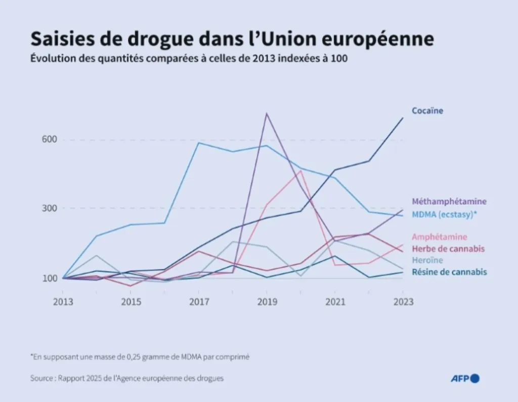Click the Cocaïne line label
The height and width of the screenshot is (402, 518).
point(427,111)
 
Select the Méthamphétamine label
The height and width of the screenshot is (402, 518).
point(449,201)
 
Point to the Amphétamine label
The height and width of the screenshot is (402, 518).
point(440,237)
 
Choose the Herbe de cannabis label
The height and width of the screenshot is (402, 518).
point(448,248)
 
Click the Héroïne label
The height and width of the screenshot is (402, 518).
point(427,260)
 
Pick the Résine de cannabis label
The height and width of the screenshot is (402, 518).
point(449,272)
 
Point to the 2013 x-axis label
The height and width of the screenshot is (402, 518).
point(63,302)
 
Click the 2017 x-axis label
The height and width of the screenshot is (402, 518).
point(199,302)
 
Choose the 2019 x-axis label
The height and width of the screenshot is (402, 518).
point(267,302)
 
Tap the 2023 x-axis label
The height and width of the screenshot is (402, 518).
point(403,302)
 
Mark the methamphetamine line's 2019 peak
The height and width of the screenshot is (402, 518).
point(267,113)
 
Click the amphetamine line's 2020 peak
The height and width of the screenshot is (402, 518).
point(301,170)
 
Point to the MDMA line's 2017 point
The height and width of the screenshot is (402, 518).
point(199,143)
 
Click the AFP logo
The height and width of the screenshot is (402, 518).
point(465,378)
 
